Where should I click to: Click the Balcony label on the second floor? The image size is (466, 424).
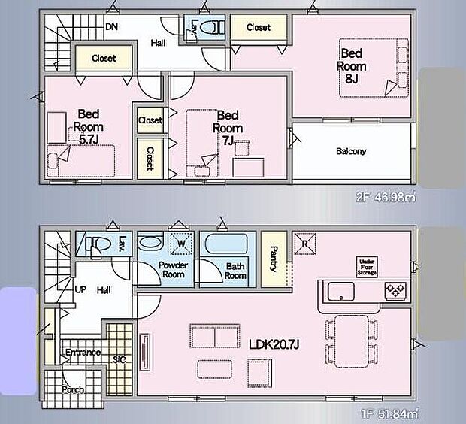coord(351,151)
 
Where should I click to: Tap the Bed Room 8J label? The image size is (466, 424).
coord(351,65)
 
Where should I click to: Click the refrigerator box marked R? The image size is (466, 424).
coord(306,244)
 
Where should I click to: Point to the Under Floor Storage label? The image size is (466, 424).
coord(368,266)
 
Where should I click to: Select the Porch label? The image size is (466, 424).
coord(73,389)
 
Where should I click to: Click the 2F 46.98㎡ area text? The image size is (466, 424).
coord(385,196)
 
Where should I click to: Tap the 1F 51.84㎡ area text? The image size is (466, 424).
coord(386,413)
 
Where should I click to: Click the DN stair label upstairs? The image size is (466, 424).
coord(111,27)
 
